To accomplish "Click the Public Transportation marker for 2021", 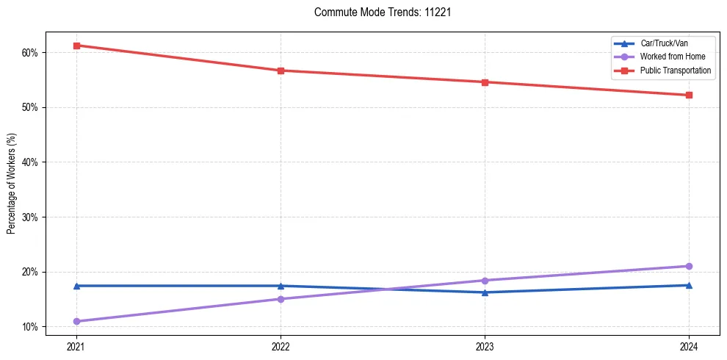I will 76,46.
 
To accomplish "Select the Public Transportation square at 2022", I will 281,71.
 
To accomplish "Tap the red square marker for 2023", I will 485,82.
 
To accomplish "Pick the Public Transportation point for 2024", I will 689,95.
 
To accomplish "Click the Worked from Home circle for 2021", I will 76,321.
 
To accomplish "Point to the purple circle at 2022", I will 281,299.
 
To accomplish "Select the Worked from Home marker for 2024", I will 689,266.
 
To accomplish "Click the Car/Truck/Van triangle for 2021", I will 76,286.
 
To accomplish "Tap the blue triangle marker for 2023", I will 485,292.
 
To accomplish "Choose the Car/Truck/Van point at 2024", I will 689,285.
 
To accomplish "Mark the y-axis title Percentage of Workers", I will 11,184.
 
